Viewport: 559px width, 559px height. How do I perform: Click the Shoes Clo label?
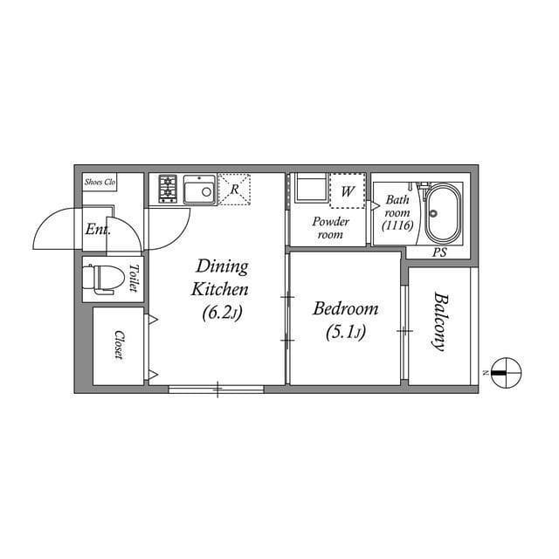click(x=100, y=182)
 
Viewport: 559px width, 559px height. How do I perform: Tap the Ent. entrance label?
click(x=98, y=229)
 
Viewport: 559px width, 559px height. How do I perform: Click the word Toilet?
click(x=134, y=278)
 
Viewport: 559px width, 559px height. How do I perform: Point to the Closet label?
click(x=119, y=345)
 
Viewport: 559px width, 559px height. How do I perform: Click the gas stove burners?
click(x=168, y=189)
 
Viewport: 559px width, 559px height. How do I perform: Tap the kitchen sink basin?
click(x=200, y=190)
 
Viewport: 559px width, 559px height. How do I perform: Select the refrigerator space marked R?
click(x=234, y=190)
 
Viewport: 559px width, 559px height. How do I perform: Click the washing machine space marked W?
click(x=348, y=191)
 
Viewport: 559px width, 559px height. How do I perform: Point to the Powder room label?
click(x=330, y=228)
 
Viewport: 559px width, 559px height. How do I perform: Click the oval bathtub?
click(x=444, y=214)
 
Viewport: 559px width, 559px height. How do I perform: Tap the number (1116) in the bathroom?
click(x=397, y=225)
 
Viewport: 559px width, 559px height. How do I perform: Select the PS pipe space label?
click(x=439, y=252)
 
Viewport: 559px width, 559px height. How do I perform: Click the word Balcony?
click(x=440, y=321)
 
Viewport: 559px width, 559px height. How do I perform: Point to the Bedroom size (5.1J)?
click(x=346, y=333)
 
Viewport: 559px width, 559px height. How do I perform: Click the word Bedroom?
click(x=346, y=308)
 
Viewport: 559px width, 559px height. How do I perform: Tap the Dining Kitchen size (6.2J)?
click(x=222, y=313)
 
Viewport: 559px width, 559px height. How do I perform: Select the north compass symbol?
click(x=506, y=373)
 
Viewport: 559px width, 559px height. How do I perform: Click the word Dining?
click(x=222, y=267)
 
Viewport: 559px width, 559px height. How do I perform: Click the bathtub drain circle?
click(x=433, y=214)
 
